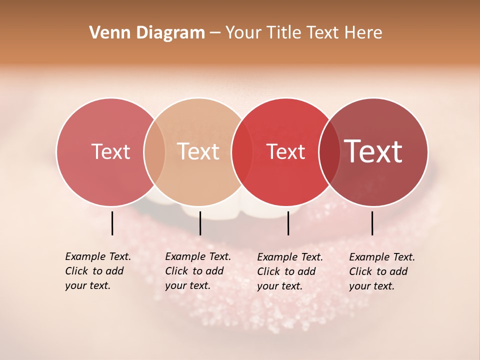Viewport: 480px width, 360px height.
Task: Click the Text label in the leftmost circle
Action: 110,151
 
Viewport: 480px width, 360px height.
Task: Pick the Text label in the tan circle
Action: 198,151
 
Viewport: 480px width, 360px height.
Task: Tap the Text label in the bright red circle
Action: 285,152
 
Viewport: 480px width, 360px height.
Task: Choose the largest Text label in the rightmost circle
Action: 373,151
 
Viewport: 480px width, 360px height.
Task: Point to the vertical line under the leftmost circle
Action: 112,223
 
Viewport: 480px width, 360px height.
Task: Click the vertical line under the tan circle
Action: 200,223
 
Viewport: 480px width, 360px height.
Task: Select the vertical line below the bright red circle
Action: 288,223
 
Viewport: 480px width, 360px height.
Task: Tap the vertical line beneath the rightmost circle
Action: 372,223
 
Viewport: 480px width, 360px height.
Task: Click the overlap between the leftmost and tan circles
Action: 154,151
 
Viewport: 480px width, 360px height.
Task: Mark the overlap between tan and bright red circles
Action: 242,151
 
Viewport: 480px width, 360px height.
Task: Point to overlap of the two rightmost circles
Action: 329,151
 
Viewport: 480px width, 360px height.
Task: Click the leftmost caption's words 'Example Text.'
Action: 98,256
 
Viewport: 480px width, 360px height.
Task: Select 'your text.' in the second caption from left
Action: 187,285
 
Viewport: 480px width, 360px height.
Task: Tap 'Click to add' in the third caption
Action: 286,271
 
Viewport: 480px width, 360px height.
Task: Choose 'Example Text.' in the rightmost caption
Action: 382,257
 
